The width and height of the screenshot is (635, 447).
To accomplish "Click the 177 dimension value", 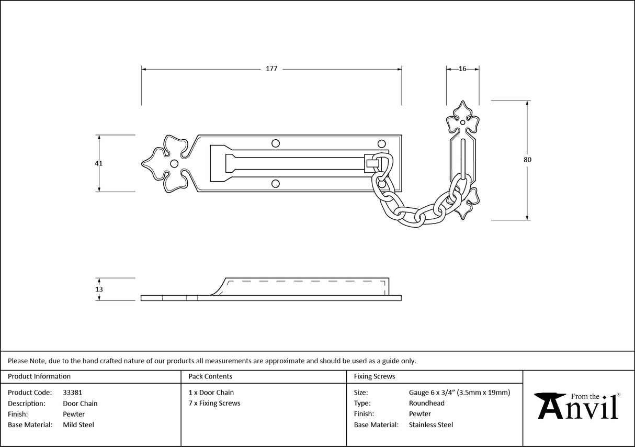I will (x=271, y=69).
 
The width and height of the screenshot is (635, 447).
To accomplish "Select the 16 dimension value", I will (x=462, y=69).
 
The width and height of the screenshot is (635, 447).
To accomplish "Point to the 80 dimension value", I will (x=527, y=160).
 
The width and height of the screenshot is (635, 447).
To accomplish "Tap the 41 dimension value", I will (x=98, y=163).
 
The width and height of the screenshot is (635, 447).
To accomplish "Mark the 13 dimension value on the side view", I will (x=99, y=289).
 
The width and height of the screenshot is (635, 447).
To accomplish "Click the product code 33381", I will (x=72, y=393).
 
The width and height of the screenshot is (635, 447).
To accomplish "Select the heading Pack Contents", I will (x=210, y=376).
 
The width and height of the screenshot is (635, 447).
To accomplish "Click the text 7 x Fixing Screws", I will (x=214, y=403).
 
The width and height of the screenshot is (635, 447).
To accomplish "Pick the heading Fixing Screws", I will (x=375, y=376).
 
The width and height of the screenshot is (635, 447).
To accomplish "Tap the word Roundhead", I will (x=426, y=403).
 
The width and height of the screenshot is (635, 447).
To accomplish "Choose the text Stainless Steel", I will (x=430, y=425).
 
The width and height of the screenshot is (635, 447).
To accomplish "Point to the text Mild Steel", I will (x=78, y=425).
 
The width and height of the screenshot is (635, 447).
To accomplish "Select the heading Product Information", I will (x=39, y=376).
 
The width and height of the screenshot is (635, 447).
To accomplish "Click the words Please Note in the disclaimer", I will (x=26, y=361).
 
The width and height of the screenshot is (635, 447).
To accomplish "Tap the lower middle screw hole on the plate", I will (x=276, y=183).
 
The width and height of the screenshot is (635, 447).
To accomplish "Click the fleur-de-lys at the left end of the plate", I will (x=165, y=163).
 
